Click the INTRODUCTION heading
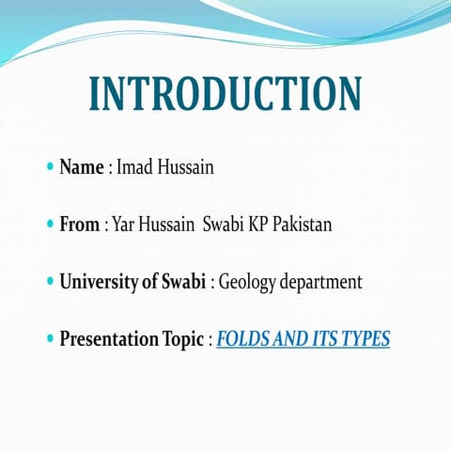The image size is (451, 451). [x=225, y=94]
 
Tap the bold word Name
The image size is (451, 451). [x=81, y=168]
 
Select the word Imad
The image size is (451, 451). [x=134, y=168]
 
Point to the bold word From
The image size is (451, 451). [x=80, y=225]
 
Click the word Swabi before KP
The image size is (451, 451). [x=224, y=225]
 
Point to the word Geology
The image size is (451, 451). [x=247, y=283]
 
